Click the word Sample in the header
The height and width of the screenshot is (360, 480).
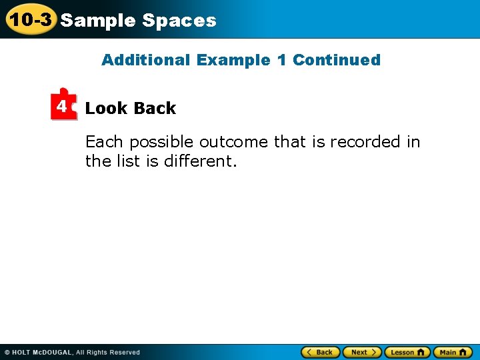(98, 21)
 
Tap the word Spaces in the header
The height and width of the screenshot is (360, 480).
(179, 21)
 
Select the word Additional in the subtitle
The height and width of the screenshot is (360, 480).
(146, 60)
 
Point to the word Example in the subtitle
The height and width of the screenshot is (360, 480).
(233, 60)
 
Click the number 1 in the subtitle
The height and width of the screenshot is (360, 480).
(281, 60)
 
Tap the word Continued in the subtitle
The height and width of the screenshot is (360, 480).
(337, 60)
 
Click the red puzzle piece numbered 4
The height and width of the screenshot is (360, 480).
(63, 105)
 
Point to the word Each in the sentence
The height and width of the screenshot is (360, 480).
(105, 142)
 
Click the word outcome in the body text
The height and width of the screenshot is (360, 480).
(233, 142)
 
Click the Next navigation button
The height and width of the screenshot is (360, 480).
(361, 352)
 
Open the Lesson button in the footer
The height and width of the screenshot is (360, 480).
(407, 352)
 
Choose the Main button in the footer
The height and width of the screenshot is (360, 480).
(453, 352)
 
